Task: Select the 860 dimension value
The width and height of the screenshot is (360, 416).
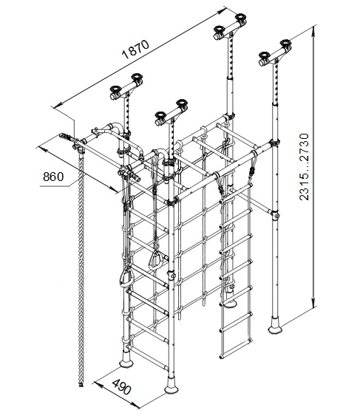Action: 53,177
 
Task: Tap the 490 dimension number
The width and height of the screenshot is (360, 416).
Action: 122,387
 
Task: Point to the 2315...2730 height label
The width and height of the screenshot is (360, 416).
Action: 304,167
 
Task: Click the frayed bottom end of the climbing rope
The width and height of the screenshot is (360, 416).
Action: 81,384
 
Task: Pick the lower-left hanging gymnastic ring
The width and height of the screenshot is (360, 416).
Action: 126,279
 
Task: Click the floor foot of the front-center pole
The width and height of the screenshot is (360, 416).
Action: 171,387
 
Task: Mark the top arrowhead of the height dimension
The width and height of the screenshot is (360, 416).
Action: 314,29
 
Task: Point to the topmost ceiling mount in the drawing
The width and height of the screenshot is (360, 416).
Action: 230,27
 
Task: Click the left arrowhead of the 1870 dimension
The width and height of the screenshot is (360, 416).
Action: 58,106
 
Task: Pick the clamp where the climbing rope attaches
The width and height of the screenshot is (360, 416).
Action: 79,148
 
